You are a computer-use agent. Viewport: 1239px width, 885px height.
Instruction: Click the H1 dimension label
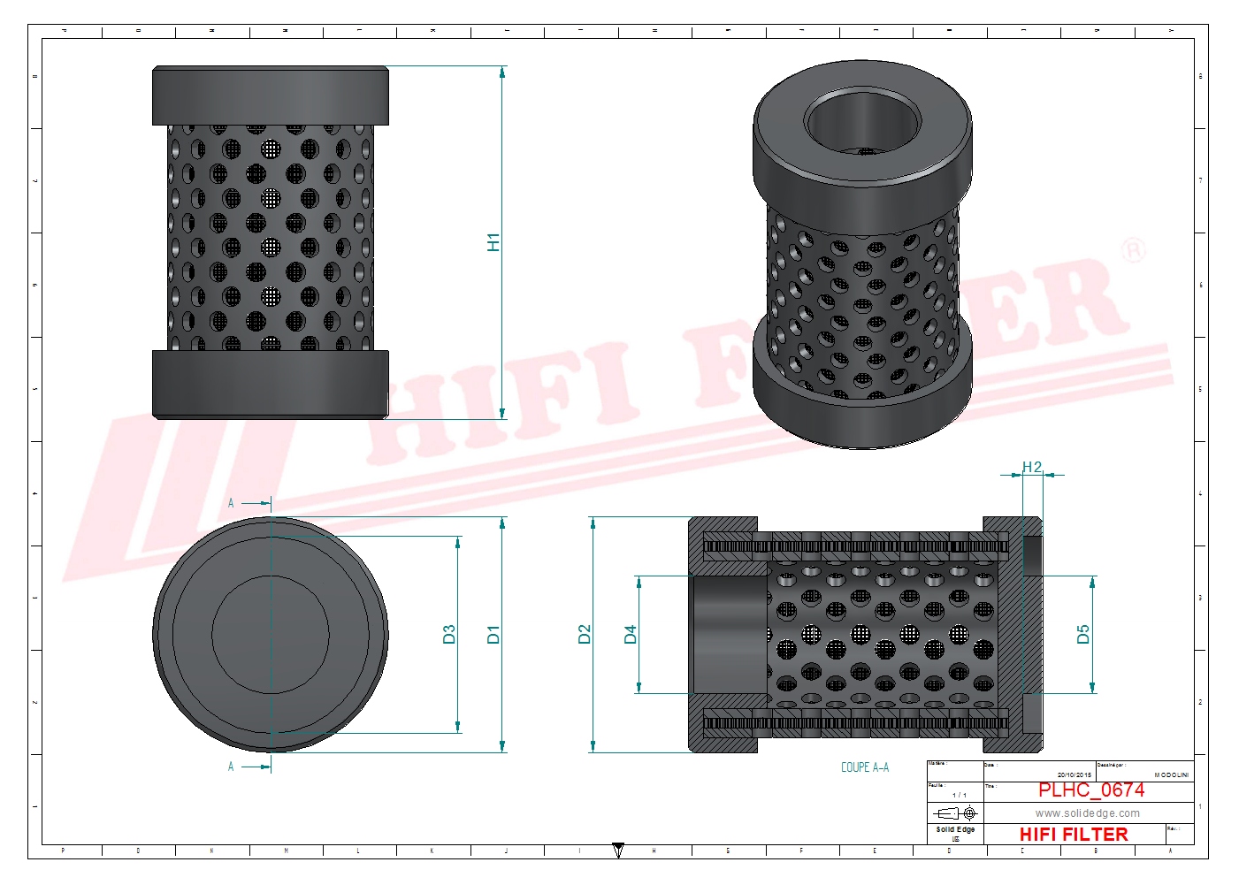point(493,242)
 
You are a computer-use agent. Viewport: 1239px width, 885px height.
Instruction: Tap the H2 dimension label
point(1032,467)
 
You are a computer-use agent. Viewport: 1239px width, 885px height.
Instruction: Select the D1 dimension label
point(493,634)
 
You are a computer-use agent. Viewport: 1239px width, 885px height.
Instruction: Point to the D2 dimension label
point(584,634)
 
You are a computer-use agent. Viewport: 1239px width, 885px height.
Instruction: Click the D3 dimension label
point(449,634)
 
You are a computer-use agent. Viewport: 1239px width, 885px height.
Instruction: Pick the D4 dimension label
point(630,634)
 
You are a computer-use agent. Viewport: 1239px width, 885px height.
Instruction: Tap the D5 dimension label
point(1083,634)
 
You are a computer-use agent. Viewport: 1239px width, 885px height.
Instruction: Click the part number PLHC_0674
point(1090,790)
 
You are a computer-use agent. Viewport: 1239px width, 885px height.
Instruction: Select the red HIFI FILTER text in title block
point(1074,834)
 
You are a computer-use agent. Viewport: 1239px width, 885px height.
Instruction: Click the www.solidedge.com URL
point(1088,813)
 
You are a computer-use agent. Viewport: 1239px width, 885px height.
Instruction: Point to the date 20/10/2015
point(1075,774)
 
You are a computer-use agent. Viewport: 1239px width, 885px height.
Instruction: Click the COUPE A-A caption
point(865,767)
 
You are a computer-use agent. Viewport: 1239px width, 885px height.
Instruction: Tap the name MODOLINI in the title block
point(1171,774)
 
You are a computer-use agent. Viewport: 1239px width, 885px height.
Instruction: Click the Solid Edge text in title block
point(955,829)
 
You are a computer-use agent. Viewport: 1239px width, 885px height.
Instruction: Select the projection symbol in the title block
point(955,813)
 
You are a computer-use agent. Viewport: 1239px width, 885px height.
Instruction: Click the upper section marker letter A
point(231,503)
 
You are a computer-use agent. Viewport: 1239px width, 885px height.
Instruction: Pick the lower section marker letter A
point(231,767)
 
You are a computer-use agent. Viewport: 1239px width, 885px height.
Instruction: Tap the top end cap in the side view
point(270,95)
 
